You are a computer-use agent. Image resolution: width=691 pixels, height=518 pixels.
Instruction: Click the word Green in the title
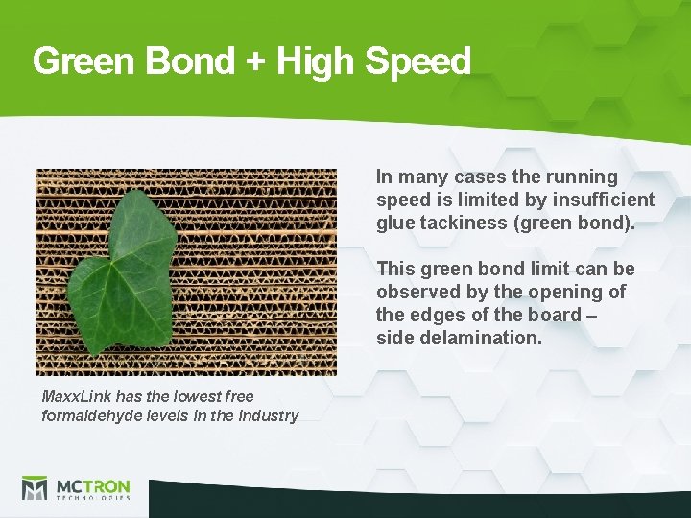point(84,61)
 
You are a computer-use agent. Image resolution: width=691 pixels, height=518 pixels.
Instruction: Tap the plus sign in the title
point(254,62)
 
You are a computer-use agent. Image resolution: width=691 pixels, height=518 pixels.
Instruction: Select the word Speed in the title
point(418,62)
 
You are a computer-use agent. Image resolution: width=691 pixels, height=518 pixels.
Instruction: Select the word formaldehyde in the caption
point(90,415)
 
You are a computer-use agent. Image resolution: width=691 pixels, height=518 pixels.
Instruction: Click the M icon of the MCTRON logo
point(36,487)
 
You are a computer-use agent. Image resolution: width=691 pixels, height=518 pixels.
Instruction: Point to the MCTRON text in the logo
point(94,484)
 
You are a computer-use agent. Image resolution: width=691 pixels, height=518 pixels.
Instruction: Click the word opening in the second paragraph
point(572,292)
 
